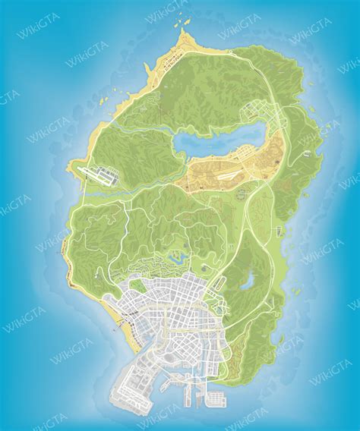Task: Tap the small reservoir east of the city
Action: click(248, 282)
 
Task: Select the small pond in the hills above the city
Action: click(178, 258)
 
